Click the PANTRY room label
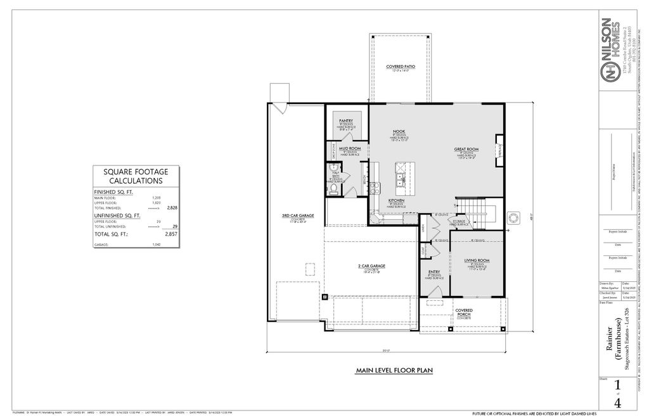(345, 120)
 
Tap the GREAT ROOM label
(466, 150)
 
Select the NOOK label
(399, 131)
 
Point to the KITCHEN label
(397, 200)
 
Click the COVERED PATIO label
(400, 67)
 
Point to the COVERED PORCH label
(464, 312)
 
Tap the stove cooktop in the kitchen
(374, 187)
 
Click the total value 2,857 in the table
(170, 234)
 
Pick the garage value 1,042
(155, 245)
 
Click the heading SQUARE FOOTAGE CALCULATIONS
(135, 175)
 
